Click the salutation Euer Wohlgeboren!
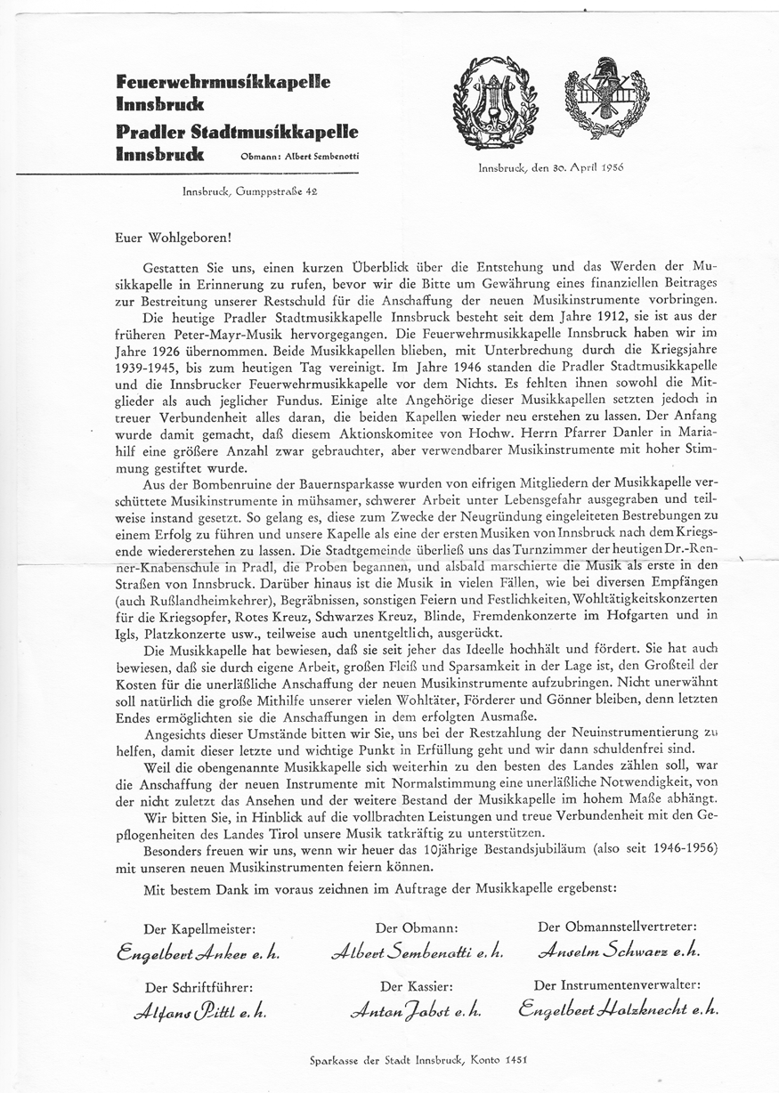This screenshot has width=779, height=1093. pos(173,238)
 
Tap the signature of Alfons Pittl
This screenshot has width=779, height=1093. pos(199,1011)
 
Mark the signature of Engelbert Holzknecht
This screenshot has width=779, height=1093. pos(618,1009)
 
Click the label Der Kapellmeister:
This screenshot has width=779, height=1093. pos(199,928)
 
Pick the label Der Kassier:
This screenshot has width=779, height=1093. pos(418,986)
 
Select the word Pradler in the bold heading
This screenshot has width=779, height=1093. pos(151,132)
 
